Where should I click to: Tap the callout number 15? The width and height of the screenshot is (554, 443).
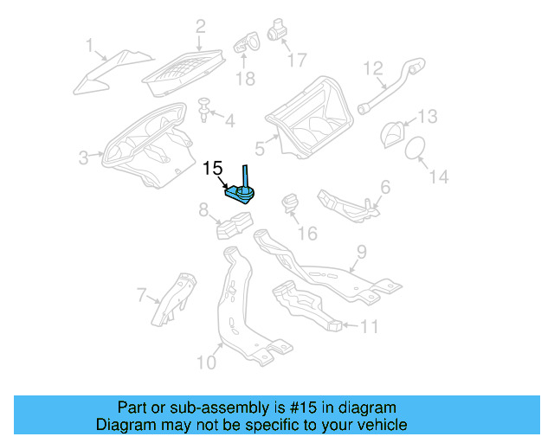213,169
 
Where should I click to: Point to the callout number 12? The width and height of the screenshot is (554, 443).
372,67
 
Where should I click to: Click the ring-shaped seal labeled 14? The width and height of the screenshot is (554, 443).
415,146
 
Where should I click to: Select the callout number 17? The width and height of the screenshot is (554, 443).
296,60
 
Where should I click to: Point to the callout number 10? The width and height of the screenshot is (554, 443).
206,362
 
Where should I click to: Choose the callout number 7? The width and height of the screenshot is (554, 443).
144,296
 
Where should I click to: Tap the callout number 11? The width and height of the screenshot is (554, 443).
370,326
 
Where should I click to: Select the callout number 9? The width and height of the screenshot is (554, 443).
362,252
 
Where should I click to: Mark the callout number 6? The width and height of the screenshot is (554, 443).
384,186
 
